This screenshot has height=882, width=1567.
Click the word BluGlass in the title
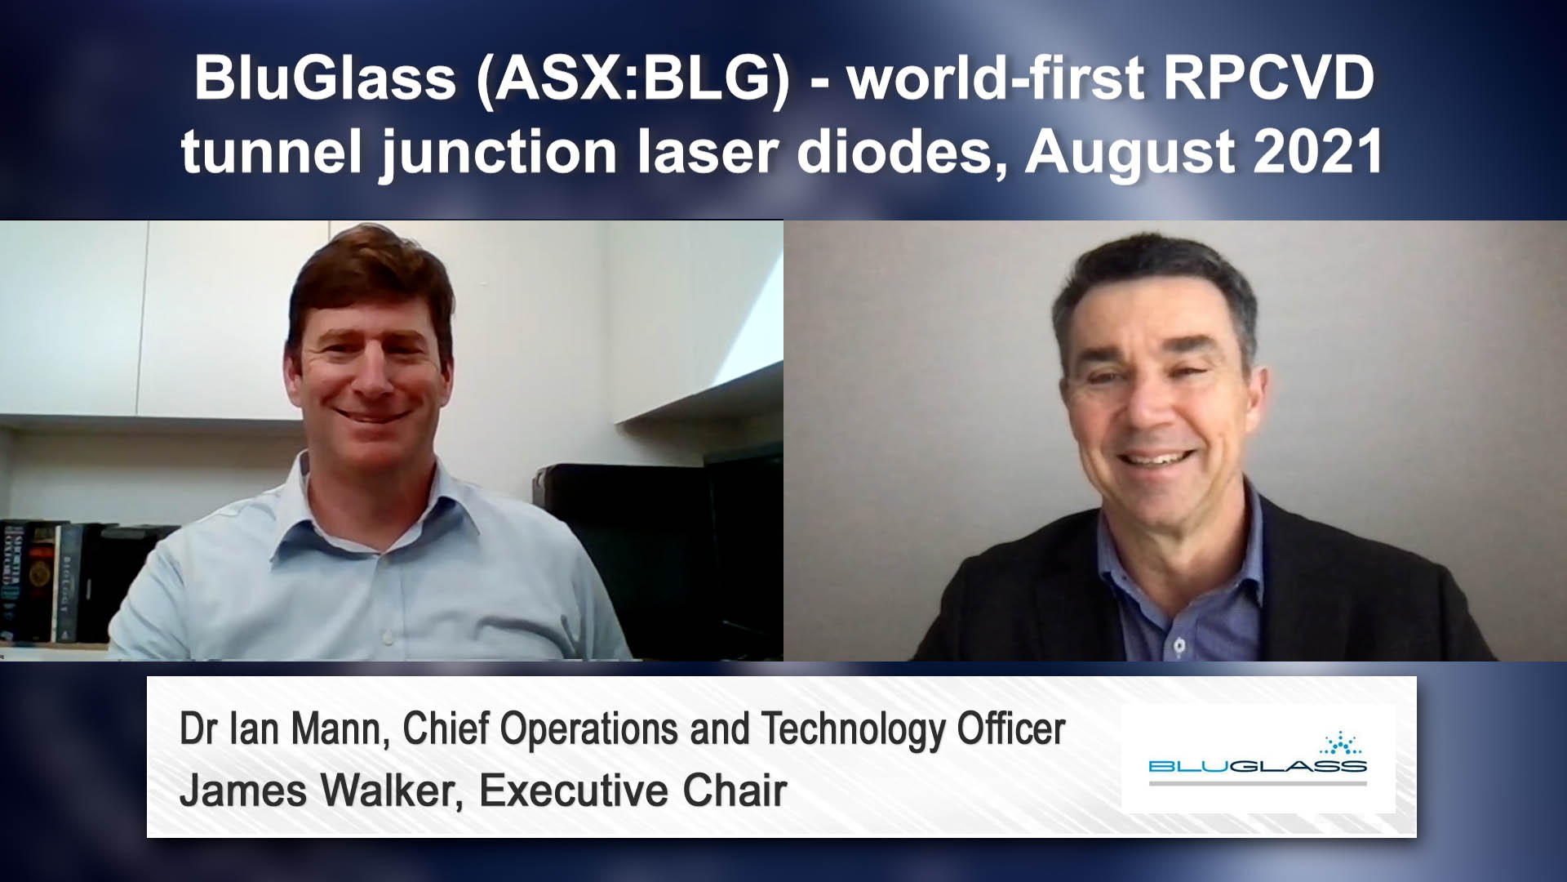[324, 79]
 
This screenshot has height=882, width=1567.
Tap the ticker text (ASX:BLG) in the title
[633, 80]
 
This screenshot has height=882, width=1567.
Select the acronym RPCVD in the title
[1269, 78]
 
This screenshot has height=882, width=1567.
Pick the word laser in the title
[708, 153]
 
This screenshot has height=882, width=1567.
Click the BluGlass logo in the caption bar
[1258, 759]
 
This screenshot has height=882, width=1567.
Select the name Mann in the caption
[340, 730]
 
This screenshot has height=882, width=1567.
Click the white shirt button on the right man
[1179, 646]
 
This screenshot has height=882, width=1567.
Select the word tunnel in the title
[274, 153]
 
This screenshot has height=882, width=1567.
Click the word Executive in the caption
[574, 791]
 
